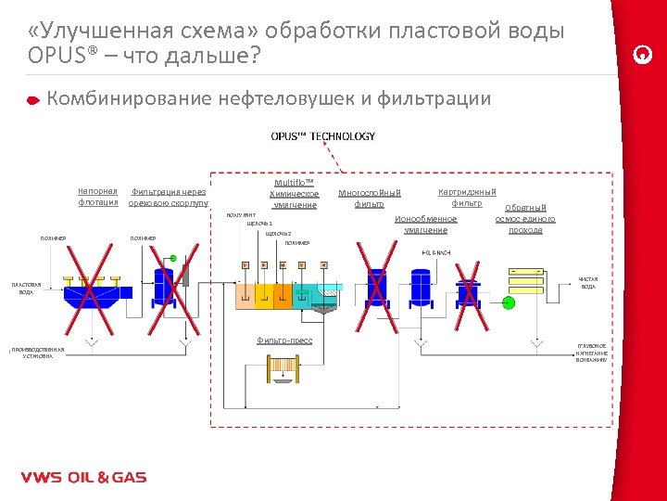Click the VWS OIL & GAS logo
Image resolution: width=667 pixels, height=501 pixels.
83,478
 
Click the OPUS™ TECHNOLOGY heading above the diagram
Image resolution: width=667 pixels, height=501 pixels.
322,136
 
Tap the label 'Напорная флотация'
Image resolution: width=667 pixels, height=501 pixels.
98,197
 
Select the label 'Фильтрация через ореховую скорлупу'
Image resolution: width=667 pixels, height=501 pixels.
168,197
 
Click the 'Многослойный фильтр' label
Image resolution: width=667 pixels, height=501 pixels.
369,198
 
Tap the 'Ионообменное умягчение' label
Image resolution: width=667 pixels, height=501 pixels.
426,225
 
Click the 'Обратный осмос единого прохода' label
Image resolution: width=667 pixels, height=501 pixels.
525,219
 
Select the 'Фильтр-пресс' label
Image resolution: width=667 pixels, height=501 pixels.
284,340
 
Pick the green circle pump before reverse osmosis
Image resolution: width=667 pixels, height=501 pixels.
508,302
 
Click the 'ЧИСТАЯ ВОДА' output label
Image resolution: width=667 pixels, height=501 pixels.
588,283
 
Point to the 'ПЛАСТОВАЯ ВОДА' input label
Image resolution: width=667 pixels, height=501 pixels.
26,288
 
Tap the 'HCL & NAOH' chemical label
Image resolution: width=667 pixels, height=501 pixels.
436,253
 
